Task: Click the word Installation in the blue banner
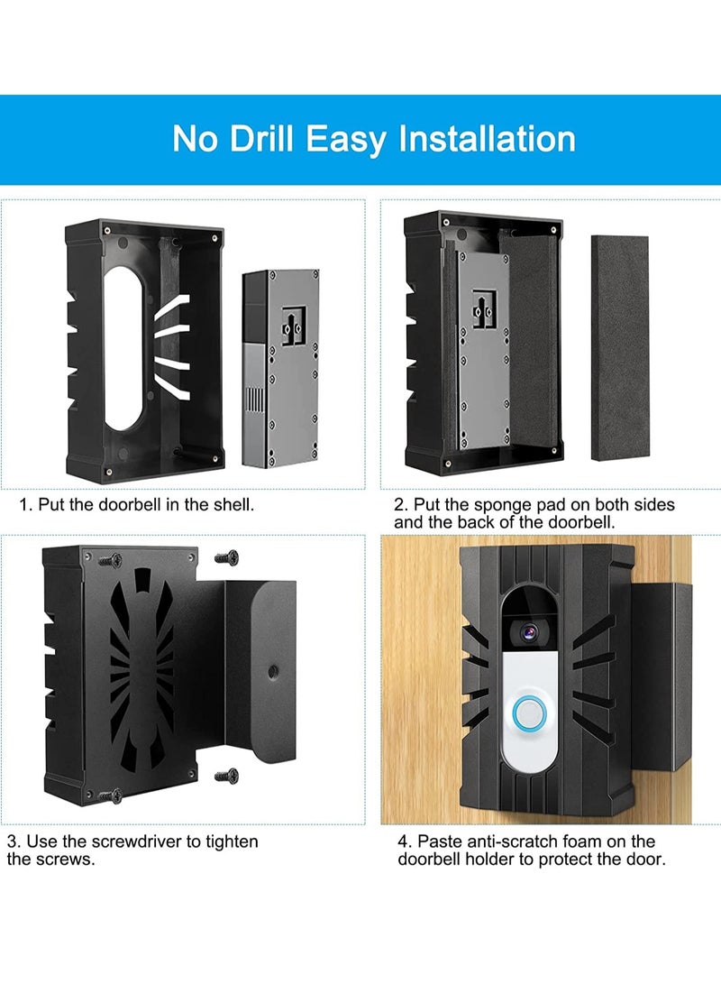(488, 139)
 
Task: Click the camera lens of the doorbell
(532, 632)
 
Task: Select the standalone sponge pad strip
(619, 347)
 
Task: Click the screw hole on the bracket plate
(270, 670)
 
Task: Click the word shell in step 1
(232, 505)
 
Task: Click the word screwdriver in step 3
(140, 841)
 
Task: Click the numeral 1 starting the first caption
(24, 505)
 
